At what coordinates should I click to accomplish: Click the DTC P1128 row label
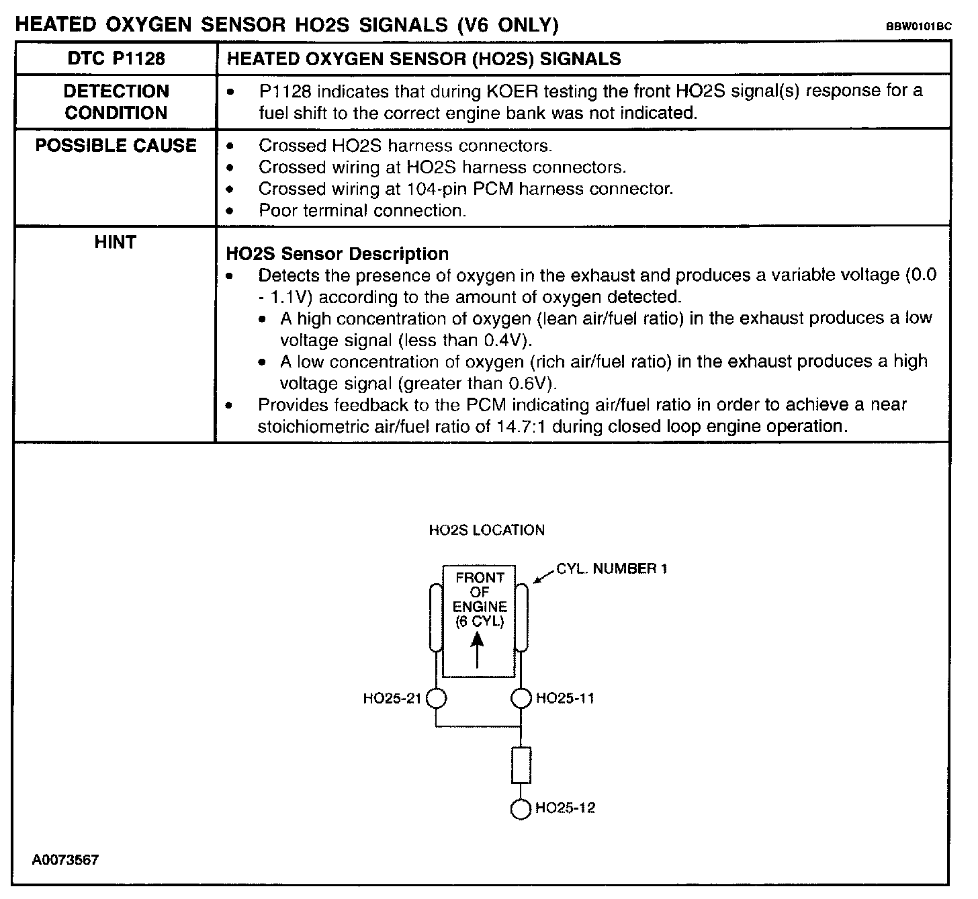click(116, 58)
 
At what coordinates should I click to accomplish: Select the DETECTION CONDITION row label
click(116, 101)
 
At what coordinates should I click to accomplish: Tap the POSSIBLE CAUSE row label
click(116, 146)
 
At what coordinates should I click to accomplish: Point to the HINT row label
click(116, 242)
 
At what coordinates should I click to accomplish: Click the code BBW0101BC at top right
click(918, 27)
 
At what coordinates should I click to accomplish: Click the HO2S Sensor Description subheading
click(337, 254)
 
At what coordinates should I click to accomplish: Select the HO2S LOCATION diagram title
click(486, 530)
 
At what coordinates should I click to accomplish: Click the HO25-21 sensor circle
click(437, 699)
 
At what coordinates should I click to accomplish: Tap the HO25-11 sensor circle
click(521, 699)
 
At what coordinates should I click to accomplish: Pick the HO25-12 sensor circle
click(521, 808)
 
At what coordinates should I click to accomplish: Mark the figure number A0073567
click(65, 860)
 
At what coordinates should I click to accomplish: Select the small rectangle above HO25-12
click(521, 765)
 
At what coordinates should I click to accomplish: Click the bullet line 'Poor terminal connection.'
click(362, 210)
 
